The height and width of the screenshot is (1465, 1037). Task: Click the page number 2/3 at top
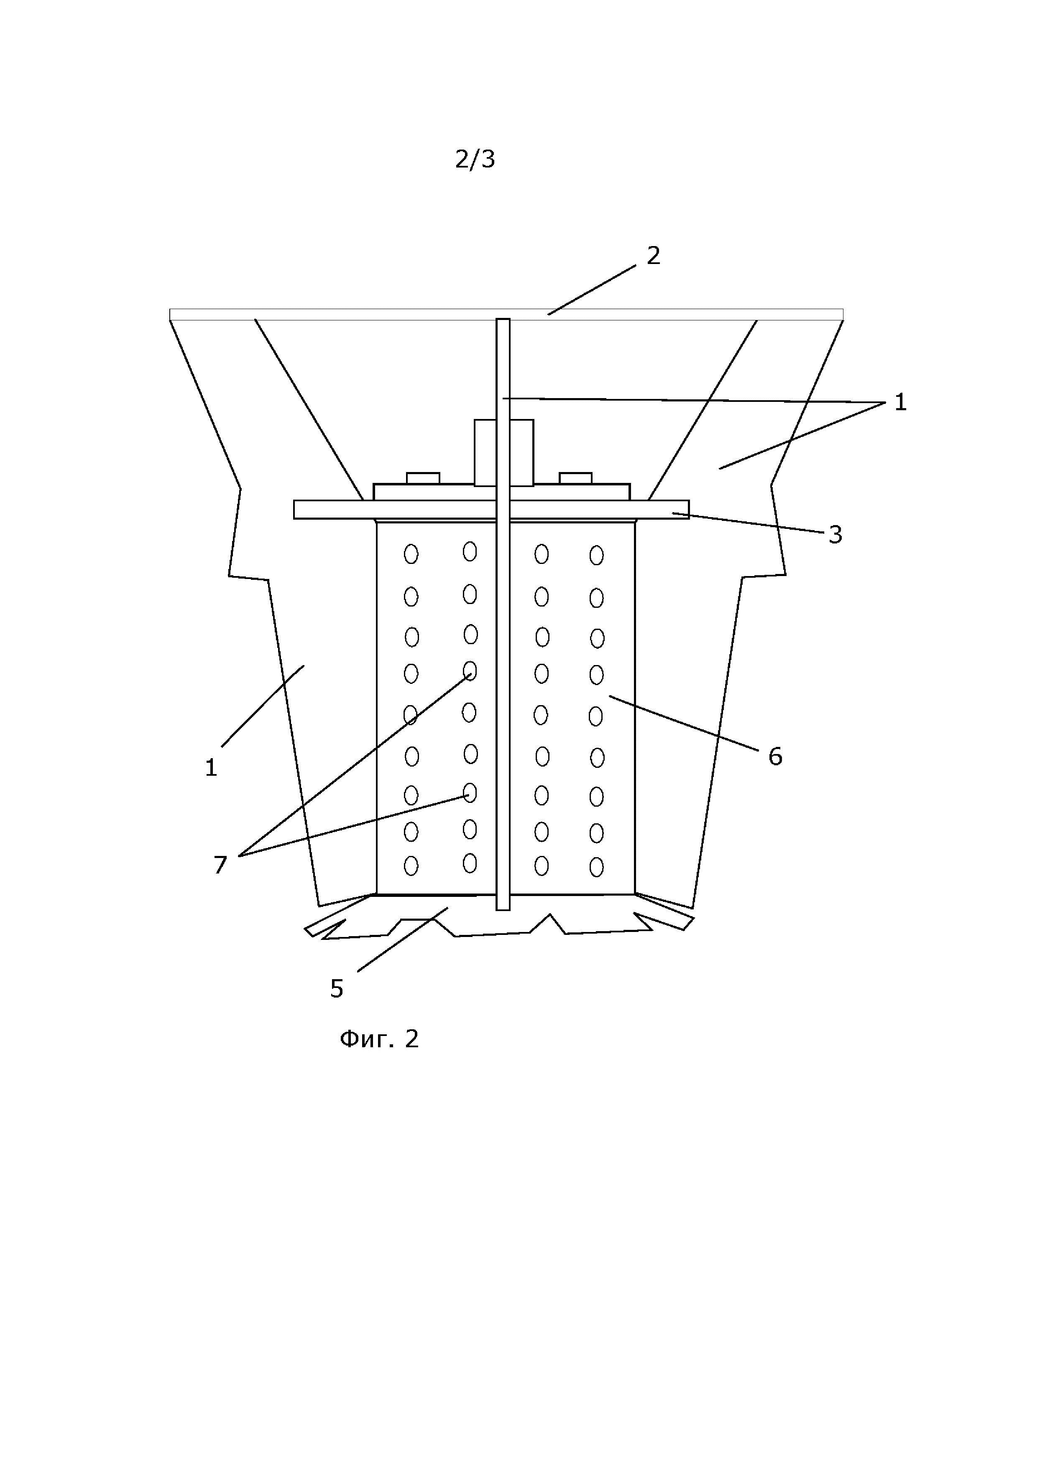(475, 160)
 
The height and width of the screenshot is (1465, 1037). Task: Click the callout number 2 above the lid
(653, 256)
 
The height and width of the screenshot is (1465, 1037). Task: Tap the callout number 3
(835, 535)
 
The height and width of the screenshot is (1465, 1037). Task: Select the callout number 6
(775, 757)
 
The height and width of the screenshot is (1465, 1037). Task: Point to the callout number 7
(220, 865)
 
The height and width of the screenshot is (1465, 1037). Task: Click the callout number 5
(337, 989)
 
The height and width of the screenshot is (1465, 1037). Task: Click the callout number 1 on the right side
(900, 403)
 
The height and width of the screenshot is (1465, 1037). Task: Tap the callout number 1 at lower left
(211, 768)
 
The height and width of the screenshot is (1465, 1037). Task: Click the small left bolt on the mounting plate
(423, 478)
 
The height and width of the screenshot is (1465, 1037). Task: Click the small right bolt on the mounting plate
(575, 478)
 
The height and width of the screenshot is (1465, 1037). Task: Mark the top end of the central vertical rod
(503, 321)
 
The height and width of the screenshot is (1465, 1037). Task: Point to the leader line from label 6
(683, 723)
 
